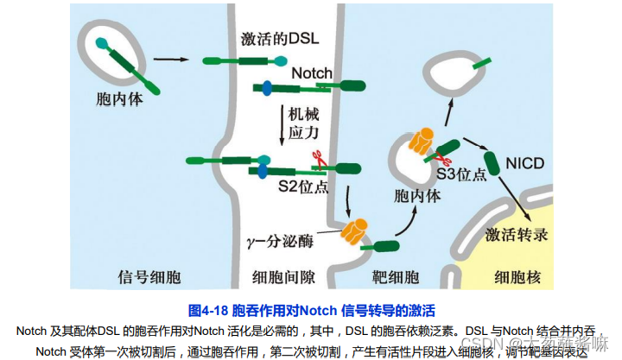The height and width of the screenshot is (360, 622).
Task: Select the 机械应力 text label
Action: coord(306,122)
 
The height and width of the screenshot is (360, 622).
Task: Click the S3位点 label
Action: coord(461,174)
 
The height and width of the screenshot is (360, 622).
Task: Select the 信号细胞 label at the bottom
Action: coord(148,277)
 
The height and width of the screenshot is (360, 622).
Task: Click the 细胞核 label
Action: coord(517,277)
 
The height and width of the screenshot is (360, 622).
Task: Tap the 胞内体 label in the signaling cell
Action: coord(116,98)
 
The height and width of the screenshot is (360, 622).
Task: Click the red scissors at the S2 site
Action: coord(317,159)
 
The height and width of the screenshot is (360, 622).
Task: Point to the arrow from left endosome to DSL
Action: coord(169,60)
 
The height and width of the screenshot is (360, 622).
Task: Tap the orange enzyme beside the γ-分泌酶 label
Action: coord(356,231)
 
